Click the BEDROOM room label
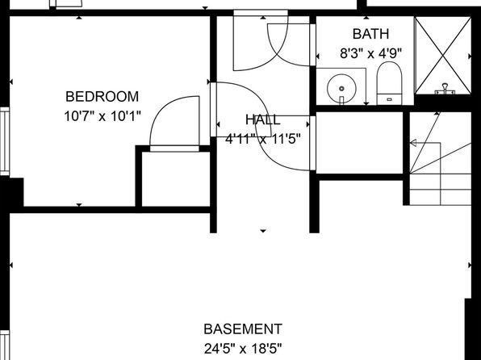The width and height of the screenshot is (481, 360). tap(102, 97)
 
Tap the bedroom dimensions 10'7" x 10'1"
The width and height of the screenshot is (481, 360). tap(102, 116)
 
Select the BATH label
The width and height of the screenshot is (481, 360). tap(371, 34)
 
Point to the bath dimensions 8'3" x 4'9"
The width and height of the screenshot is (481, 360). tap(371, 54)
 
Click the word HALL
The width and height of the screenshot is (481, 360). tap(263, 119)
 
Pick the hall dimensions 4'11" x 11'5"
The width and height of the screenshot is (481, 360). tap(263, 139)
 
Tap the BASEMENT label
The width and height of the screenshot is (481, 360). tap(243, 329)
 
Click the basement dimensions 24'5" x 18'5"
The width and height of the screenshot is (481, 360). tap(243, 349)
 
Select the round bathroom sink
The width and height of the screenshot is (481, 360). tap(341, 89)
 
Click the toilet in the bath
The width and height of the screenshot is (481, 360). tap(389, 83)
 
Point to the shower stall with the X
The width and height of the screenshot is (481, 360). tap(443, 55)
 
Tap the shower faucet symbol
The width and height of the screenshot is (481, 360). tap(445, 89)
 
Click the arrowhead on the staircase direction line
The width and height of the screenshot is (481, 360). tap(413, 143)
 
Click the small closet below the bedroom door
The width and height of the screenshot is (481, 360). tap(176, 179)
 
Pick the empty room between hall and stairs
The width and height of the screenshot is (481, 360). tap(359, 143)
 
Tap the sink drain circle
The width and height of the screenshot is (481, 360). tap(341, 89)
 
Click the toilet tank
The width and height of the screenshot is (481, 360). tap(389, 99)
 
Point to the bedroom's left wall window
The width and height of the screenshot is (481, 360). tap(5, 141)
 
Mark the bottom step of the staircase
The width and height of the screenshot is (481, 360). tap(441, 197)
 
